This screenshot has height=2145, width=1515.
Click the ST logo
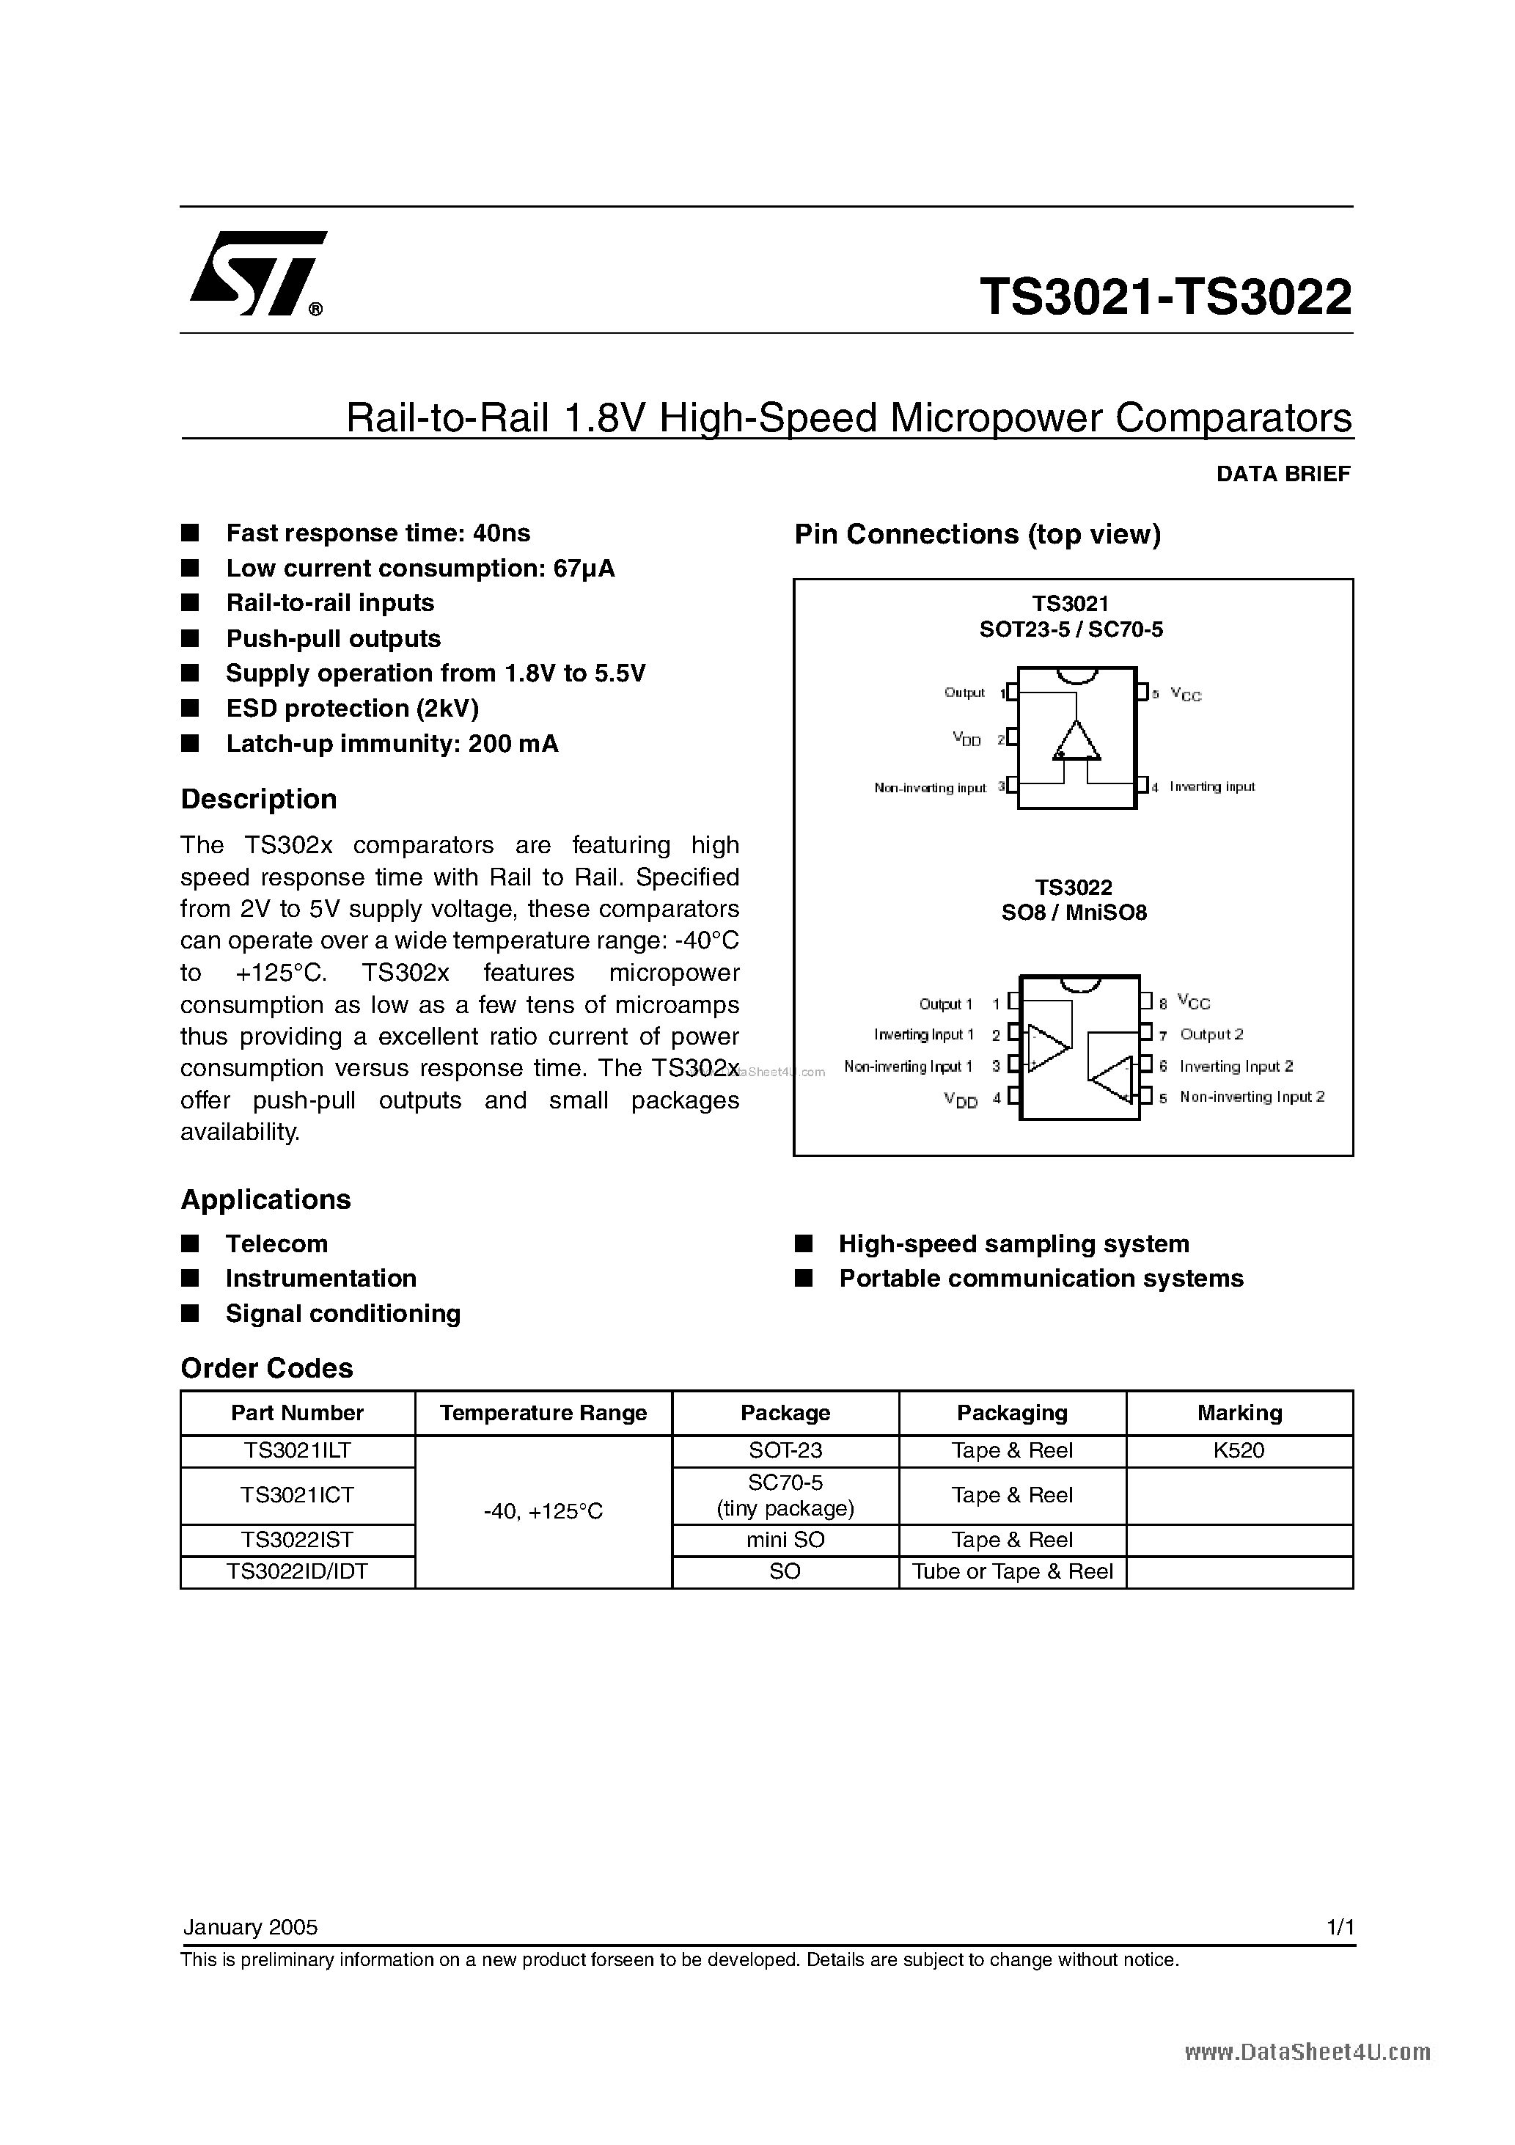pos(257,274)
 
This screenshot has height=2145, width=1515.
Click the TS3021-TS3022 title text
pos(1164,298)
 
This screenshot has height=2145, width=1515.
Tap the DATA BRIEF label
pos(1283,475)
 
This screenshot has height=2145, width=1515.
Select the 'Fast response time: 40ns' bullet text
pos(378,533)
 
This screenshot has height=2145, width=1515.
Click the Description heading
pos(258,800)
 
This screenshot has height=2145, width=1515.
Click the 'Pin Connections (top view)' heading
pos(977,534)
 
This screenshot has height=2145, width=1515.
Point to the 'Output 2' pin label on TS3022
pos(1211,1034)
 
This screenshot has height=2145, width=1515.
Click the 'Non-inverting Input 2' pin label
pos(1252,1097)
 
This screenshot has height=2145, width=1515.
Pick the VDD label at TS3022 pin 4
pos(960,1100)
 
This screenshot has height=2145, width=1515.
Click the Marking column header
pos(1239,1413)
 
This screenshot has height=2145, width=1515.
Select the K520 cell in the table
pos(1239,1451)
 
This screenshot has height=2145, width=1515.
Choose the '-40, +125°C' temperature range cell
pos(543,1510)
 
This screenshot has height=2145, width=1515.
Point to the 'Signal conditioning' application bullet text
pos(342,1314)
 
